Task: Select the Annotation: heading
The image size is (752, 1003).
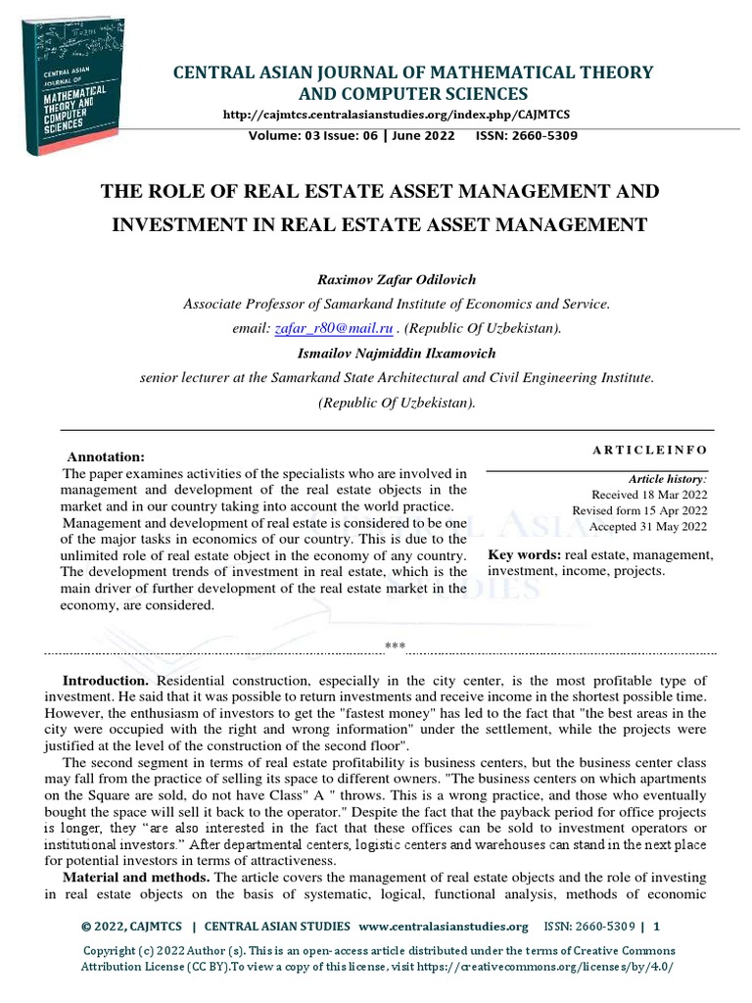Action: tap(106, 457)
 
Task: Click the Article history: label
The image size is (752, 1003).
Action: tap(667, 479)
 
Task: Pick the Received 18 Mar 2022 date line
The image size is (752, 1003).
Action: tap(649, 495)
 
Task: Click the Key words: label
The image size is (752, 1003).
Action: tap(525, 555)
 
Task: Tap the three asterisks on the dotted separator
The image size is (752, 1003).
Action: tap(396, 646)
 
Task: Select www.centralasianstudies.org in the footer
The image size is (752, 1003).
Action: tap(444, 927)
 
